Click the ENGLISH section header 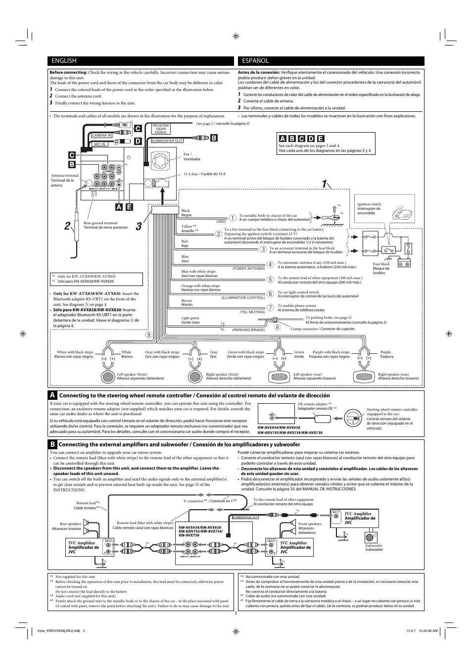coord(63,61)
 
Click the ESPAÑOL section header coord(255,61)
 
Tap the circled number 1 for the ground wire coord(233,218)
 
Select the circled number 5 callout coord(270,280)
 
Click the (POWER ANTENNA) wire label coord(248,268)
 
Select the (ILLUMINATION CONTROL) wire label coord(243,298)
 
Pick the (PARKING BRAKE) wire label coord(248,330)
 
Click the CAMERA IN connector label coord(101,135)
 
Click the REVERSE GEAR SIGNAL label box coord(161,129)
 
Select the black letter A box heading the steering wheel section coord(52,395)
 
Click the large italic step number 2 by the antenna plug coord(67,227)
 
